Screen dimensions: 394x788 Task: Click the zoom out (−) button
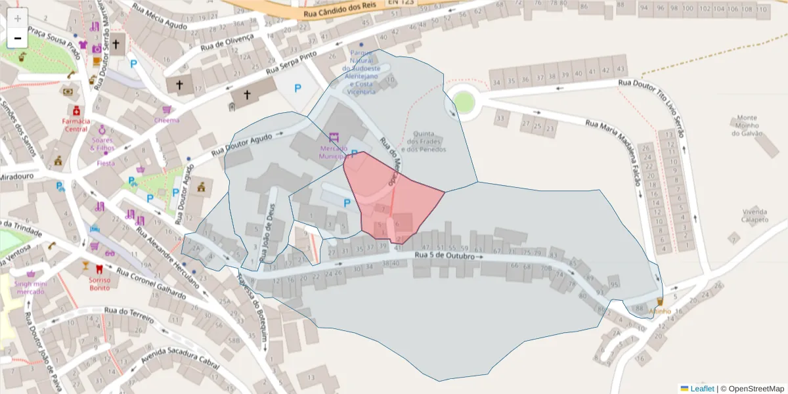click(18, 38)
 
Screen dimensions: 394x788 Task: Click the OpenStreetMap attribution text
click(756, 389)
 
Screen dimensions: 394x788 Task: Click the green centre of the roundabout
click(464, 102)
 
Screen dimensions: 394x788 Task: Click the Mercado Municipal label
click(334, 153)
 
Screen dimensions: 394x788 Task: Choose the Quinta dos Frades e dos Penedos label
click(427, 141)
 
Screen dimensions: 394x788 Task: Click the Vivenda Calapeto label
click(755, 215)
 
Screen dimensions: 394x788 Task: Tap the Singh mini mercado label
click(31, 288)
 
